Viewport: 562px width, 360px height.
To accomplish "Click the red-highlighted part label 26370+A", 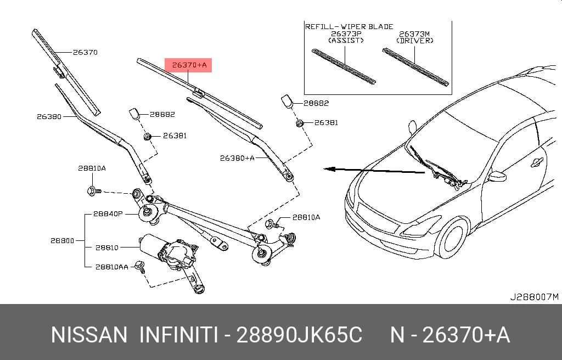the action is [189, 65].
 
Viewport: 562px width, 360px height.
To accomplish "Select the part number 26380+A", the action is [237, 158].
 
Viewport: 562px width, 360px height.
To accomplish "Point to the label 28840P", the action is [108, 214].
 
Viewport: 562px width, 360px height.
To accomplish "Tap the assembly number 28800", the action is [62, 240].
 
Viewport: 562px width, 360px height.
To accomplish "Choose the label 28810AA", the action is [111, 267].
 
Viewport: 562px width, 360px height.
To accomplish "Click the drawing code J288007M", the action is [535, 297].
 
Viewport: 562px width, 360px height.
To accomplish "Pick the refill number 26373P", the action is [346, 33].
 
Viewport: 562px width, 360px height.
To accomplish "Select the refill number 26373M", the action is [414, 34].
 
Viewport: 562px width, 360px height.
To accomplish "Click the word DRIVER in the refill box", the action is [415, 41].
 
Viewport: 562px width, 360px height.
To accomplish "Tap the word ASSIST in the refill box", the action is [346, 40].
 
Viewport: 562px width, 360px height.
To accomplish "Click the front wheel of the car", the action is [452, 238].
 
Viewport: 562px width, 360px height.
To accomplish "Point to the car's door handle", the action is [537, 162].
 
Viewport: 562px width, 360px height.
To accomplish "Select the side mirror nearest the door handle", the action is [497, 176].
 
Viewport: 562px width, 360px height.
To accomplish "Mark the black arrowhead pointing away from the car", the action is [329, 169].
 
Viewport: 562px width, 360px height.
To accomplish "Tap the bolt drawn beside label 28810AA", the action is [140, 267].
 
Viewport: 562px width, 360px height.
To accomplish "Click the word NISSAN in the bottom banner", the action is [89, 335].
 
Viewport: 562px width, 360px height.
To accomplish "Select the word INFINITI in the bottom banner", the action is [178, 335].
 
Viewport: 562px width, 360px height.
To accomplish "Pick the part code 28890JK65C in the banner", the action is [299, 335].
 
